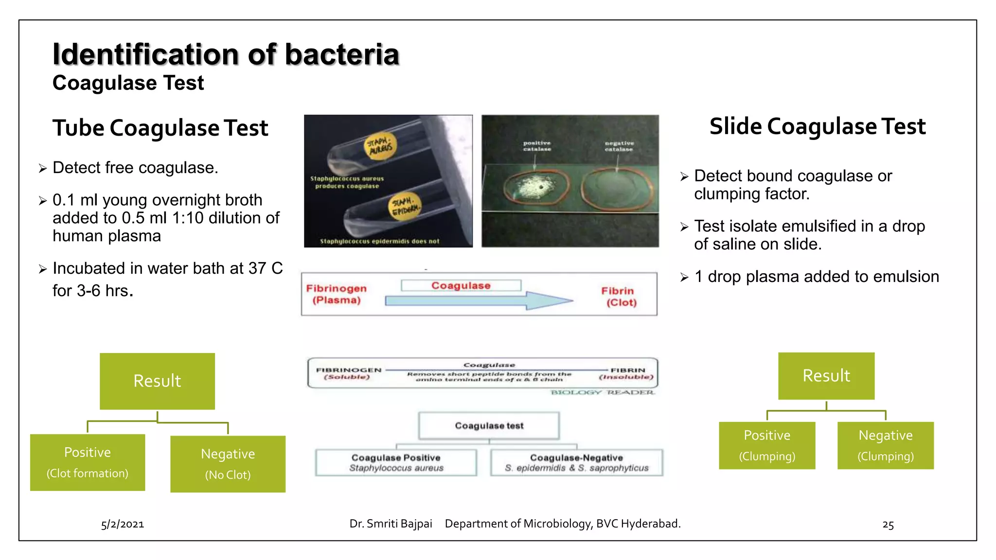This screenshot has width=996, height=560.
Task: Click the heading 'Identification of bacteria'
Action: pos(226,54)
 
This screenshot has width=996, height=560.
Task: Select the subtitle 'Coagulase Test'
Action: pos(128,83)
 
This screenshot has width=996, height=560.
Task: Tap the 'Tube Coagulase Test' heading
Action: pos(160,128)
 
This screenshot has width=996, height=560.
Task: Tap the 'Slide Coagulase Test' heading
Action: pos(817,126)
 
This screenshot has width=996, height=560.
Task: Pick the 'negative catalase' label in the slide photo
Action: pos(619,146)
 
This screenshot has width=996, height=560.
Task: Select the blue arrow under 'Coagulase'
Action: pos(479,301)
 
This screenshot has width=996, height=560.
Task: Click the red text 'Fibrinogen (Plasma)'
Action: pos(337,294)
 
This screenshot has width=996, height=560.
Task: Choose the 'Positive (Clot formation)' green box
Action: pos(88,462)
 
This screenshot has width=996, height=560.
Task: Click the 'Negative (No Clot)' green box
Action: pos(228,464)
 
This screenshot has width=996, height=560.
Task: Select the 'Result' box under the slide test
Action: pos(826,376)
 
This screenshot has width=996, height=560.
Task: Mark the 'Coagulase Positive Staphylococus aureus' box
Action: pos(396,462)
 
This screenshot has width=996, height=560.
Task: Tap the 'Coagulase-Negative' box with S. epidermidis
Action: pos(576,462)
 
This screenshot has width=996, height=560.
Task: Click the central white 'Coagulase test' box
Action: pos(489,426)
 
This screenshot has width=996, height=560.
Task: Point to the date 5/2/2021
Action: pos(123,524)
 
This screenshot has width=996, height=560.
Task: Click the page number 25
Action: pos(888,525)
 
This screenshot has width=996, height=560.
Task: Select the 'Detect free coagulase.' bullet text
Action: pos(135,168)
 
